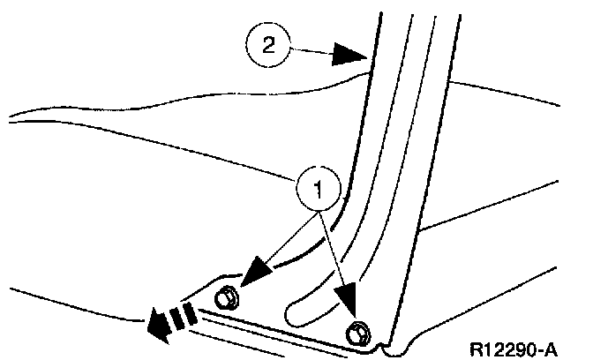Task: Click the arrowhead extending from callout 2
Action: (x=349, y=56)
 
